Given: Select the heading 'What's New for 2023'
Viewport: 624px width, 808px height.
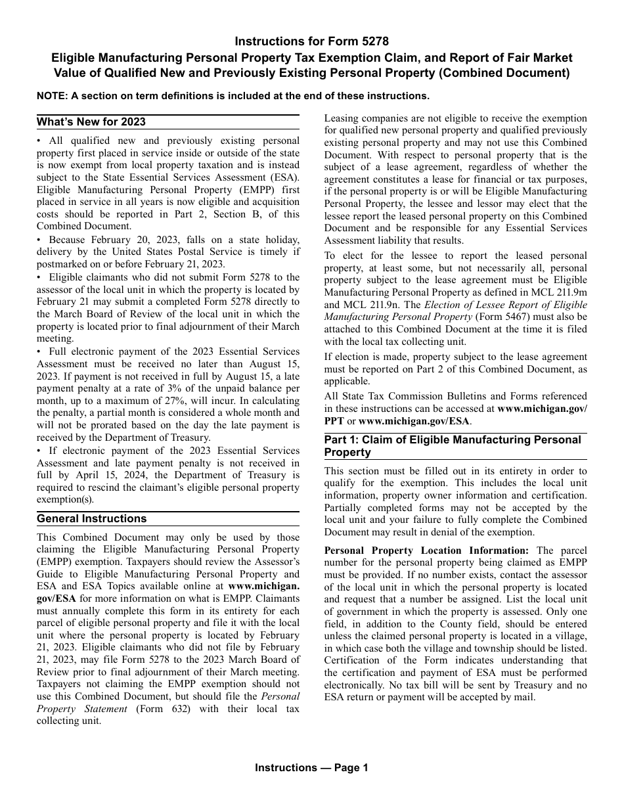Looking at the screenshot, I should coord(91,122).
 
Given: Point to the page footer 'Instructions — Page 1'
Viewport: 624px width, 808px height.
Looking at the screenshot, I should coord(311,767).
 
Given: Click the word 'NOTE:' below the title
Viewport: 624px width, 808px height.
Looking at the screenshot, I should coord(52,96).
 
